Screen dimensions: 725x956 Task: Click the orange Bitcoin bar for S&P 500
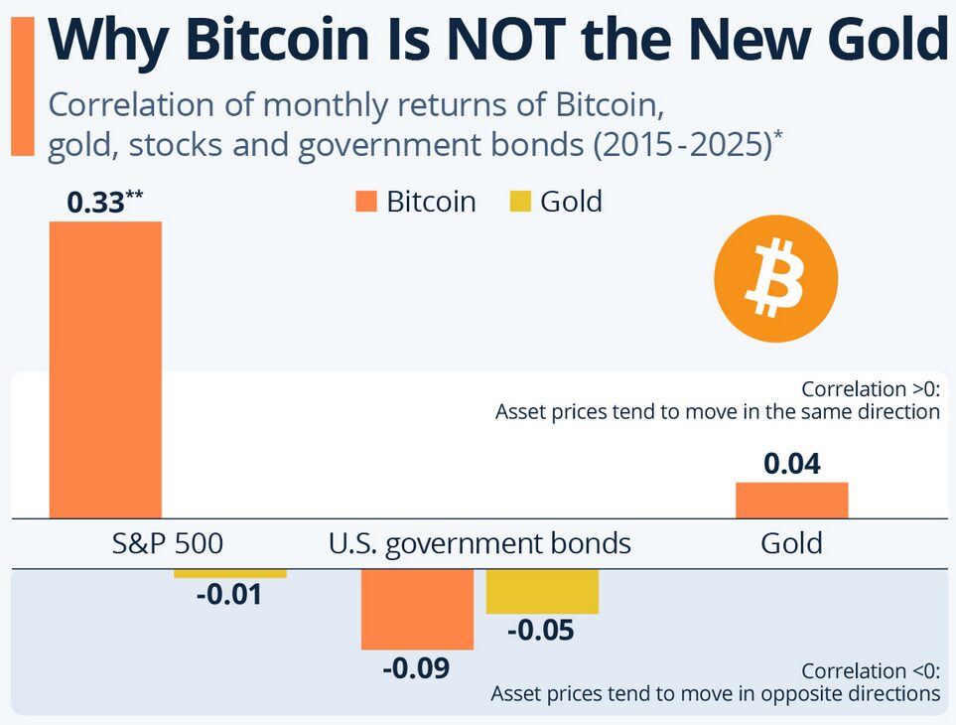(x=105, y=368)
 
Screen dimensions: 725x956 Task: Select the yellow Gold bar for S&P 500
(x=230, y=574)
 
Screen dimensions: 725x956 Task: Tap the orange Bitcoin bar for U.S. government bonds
(x=417, y=609)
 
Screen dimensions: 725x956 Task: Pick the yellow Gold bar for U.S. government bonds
(x=542, y=592)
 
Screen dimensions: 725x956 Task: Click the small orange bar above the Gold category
(x=791, y=500)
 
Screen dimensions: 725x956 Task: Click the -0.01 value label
(x=228, y=596)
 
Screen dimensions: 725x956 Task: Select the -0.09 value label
(x=416, y=667)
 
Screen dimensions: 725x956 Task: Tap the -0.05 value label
(x=541, y=631)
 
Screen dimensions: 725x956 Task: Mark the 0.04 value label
(x=791, y=464)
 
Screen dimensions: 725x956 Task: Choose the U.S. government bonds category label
(x=479, y=543)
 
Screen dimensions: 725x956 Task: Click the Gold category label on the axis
(x=791, y=543)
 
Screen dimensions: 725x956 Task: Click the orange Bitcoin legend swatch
(x=366, y=203)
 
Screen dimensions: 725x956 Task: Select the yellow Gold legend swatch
(x=520, y=203)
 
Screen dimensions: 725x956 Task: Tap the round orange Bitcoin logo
(x=776, y=279)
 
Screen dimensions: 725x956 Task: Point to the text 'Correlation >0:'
(x=871, y=388)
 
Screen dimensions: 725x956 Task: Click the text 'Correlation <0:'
(x=871, y=670)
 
